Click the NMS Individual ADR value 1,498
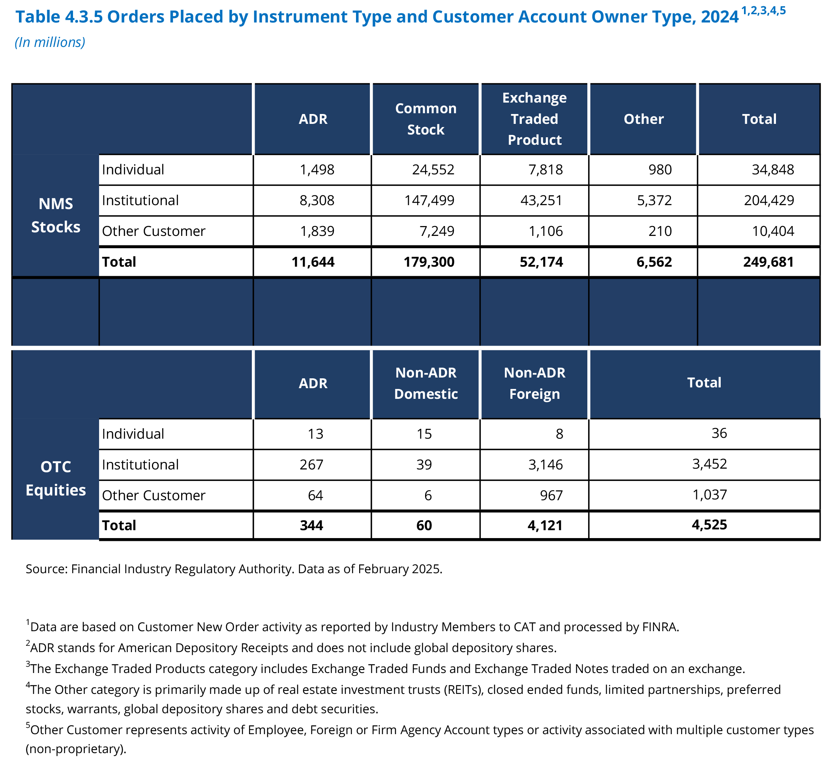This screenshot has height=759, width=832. click(317, 170)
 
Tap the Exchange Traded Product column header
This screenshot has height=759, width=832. click(534, 119)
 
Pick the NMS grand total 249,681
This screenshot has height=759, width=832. click(768, 262)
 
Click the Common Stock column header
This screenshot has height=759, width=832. click(426, 119)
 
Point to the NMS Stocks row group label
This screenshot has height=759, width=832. click(56, 215)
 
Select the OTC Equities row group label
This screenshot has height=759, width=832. click(56, 479)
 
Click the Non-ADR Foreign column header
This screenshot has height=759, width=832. click(534, 383)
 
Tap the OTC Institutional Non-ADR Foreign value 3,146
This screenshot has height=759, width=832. click(545, 465)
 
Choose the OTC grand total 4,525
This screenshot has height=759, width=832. click(709, 525)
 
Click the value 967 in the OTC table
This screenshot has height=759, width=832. click(551, 495)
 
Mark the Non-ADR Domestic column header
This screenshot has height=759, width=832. click(426, 383)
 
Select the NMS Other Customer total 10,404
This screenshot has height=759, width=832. click(772, 231)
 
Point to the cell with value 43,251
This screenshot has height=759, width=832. click(542, 200)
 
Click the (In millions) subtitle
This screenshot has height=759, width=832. click(50, 42)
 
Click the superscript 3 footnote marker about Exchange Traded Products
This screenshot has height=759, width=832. click(28, 664)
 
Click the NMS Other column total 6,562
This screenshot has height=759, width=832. click(654, 262)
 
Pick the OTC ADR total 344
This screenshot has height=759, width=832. click(311, 525)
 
